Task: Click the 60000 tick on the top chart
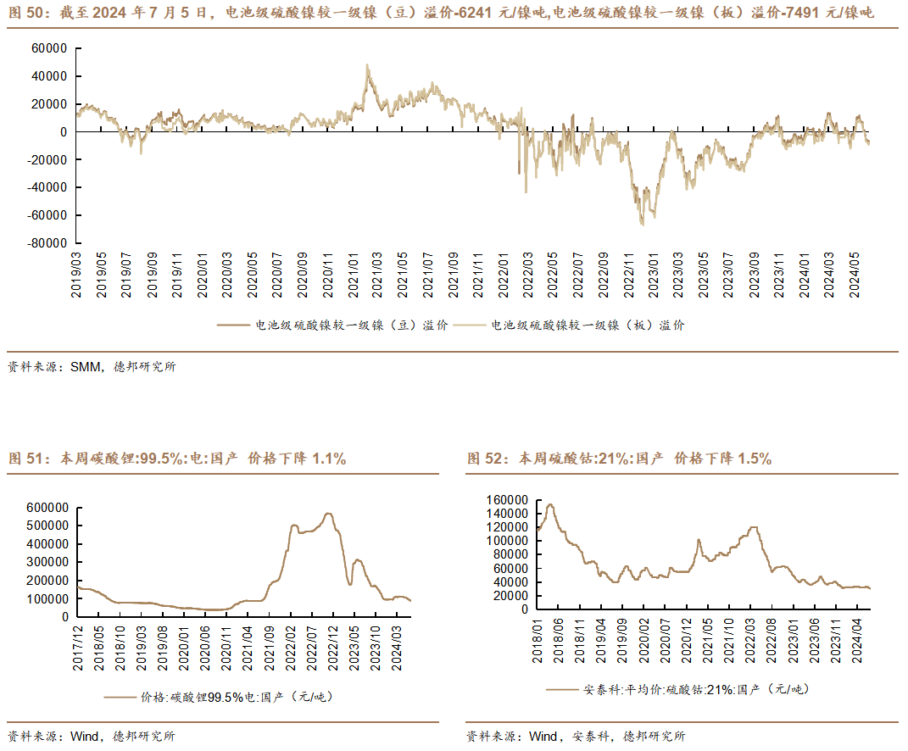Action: point(49,48)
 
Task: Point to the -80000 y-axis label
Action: point(47,243)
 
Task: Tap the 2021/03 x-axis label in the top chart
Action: point(376,275)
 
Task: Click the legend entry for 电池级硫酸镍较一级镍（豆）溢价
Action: point(332,325)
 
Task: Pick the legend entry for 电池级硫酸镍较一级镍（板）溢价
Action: point(569,325)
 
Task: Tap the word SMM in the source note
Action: point(86,366)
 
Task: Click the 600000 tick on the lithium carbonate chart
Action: point(47,508)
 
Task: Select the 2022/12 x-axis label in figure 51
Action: point(333,648)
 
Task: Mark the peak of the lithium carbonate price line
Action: point(328,513)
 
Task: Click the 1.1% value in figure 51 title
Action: point(329,459)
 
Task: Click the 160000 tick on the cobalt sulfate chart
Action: point(507,500)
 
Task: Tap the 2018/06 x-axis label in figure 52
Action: point(558,641)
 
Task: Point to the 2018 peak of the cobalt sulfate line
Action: point(550,504)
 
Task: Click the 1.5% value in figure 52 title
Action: point(755,459)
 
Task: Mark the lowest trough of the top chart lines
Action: point(642,225)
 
